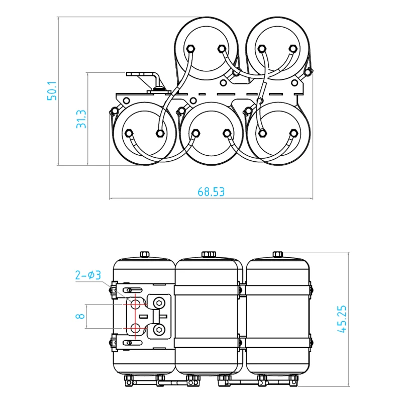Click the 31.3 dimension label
click(x=82, y=119)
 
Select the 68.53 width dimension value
click(x=211, y=191)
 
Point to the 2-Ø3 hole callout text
click(x=88, y=275)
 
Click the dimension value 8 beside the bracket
click(x=78, y=317)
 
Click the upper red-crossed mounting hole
click(x=135, y=304)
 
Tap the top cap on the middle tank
click(x=208, y=254)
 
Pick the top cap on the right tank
click(x=277, y=254)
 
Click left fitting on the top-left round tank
click(x=191, y=49)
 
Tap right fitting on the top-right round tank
click(x=293, y=49)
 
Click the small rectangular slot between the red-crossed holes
click(x=143, y=316)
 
